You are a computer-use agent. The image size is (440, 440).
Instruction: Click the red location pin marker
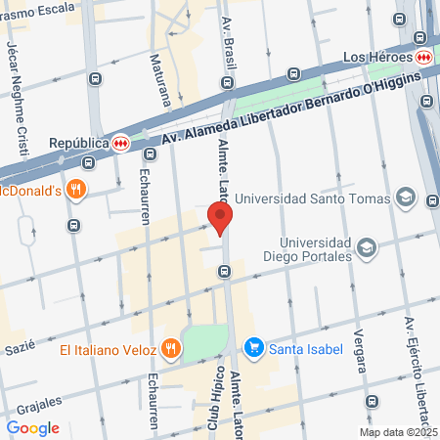220,217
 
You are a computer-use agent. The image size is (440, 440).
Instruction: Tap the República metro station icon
119,142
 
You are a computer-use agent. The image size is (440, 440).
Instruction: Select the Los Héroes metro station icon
423,56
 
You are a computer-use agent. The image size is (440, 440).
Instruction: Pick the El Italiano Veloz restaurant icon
170,348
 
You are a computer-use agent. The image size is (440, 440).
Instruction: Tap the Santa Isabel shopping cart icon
254,347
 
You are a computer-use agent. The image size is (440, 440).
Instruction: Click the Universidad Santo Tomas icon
407,199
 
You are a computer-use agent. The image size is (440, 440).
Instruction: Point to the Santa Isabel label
302,347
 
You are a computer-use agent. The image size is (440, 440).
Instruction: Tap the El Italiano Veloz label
108,348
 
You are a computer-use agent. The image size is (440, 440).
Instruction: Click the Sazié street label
19,345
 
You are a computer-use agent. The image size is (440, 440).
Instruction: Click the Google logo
33,427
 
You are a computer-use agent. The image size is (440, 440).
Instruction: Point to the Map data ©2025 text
397,432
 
